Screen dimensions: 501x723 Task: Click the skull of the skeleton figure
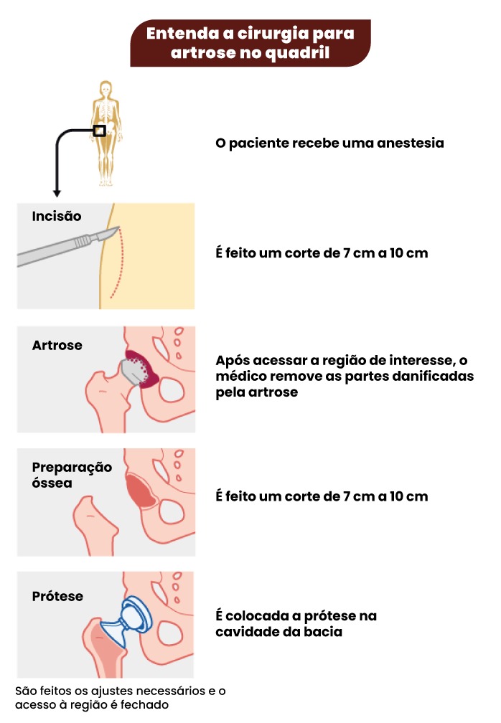pos(106,88)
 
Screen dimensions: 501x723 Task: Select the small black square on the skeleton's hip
pos(99,131)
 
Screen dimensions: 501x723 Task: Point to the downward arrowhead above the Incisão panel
pos(57,193)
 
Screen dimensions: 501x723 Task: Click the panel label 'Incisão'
pos(56,216)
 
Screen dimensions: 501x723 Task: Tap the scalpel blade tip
pos(118,227)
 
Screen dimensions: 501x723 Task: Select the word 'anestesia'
pos(410,143)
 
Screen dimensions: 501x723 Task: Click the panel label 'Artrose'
pos(57,345)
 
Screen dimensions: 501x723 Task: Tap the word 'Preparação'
pos(72,468)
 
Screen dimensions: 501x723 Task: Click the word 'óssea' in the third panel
pos(52,483)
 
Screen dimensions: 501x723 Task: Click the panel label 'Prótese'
pos(57,596)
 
